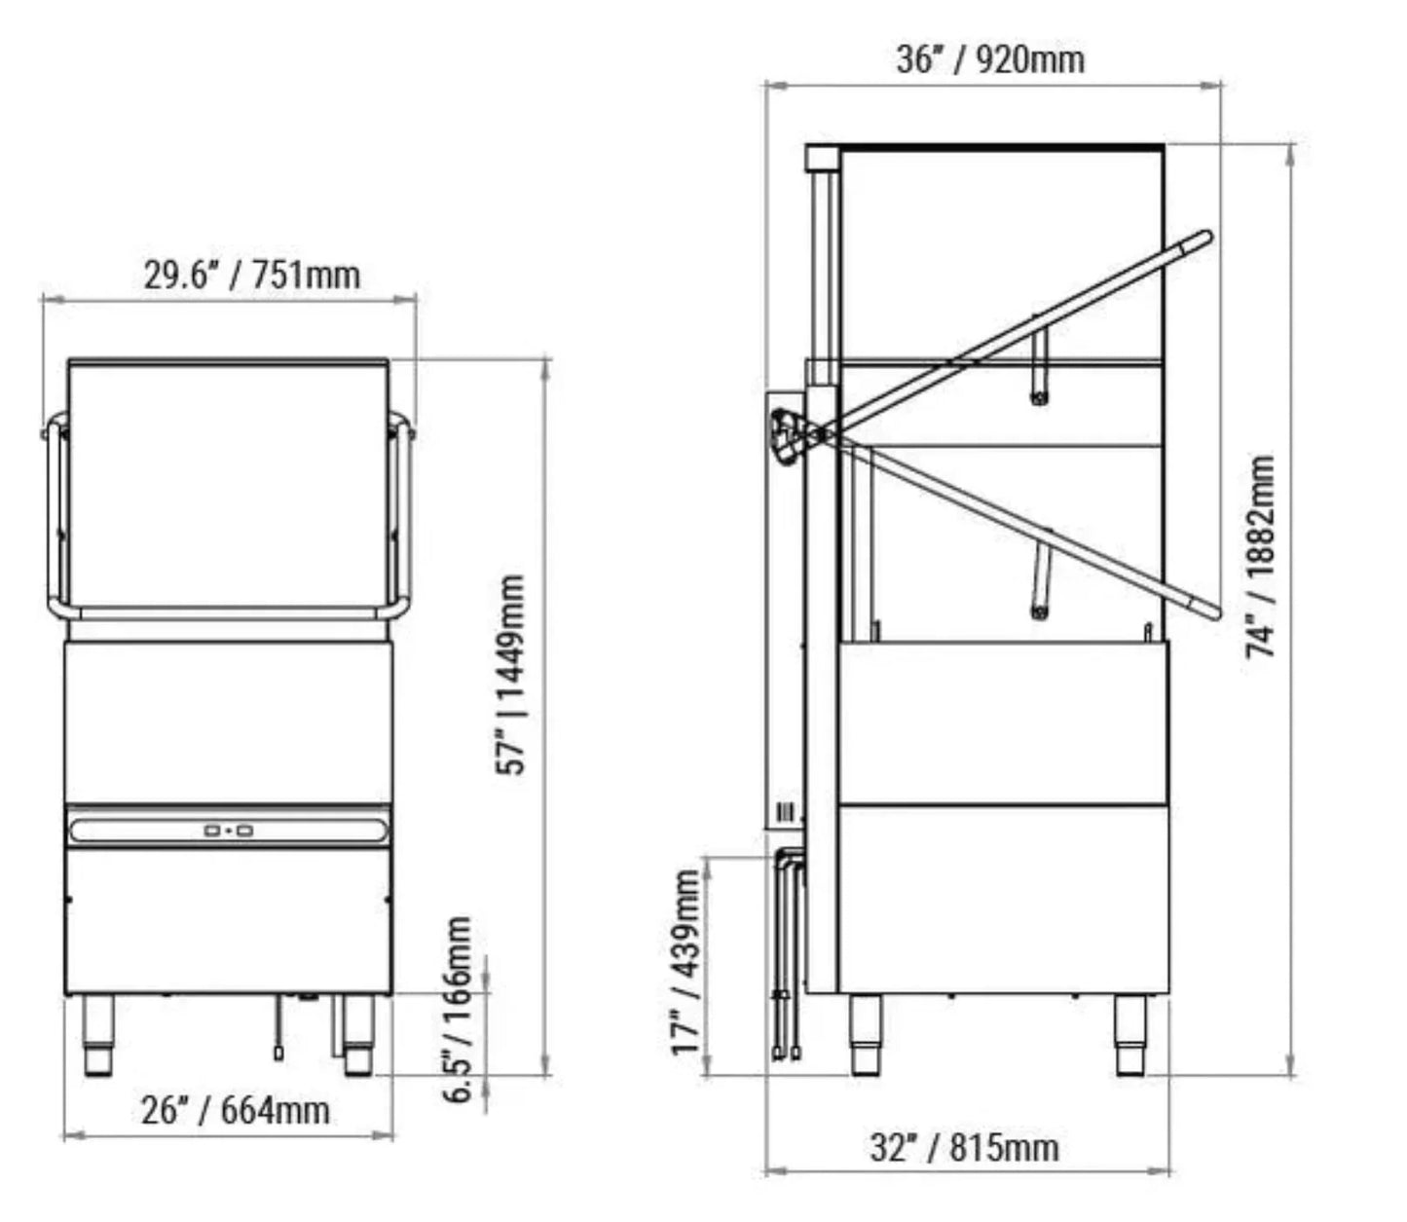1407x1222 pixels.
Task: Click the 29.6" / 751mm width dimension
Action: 252,276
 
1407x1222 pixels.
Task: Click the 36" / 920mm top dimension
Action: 989,59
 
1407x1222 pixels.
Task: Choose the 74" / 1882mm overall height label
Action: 1261,556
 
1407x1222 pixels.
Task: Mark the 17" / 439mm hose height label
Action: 686,961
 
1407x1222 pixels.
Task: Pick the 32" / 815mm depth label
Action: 963,1147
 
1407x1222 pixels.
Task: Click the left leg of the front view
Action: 98,1036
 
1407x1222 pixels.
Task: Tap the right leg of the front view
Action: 357,1036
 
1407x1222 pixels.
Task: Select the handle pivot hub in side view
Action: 789,433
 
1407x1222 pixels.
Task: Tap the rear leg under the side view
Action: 1129,1036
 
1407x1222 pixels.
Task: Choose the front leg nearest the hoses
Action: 865,1036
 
